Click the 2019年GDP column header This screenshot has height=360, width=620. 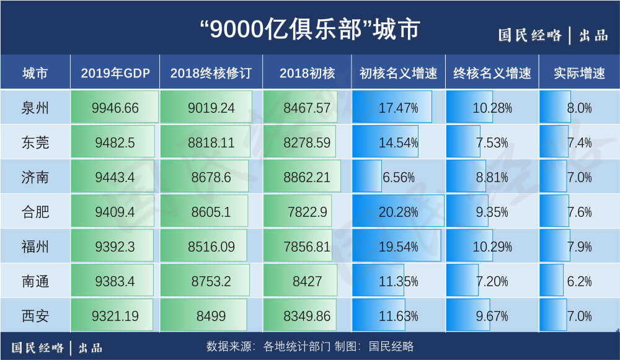tap(115, 73)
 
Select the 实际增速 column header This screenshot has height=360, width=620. tap(579, 73)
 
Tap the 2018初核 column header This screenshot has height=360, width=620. tap(307, 73)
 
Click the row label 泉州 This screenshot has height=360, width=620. tap(35, 108)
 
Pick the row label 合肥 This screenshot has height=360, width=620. tap(35, 212)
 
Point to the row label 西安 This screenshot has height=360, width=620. tap(35, 316)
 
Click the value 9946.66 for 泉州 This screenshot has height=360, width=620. tap(115, 108)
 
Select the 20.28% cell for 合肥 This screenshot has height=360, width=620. tap(398, 212)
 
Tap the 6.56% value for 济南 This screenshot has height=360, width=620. tap(398, 177)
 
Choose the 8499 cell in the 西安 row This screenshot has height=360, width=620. tap(211, 316)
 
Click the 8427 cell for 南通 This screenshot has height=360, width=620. tap(307, 281)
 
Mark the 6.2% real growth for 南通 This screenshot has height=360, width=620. tap(579, 281)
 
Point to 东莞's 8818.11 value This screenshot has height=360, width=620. tap(211, 143)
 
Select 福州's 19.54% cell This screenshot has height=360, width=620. tap(398, 247)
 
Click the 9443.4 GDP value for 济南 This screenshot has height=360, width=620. tap(115, 177)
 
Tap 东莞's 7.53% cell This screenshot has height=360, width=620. tap(492, 143)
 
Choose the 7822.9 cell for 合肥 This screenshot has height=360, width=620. tap(307, 212)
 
